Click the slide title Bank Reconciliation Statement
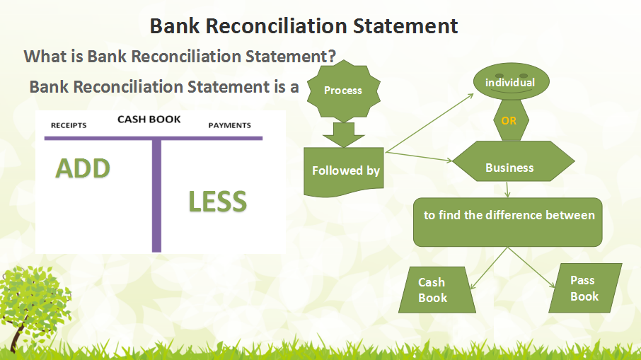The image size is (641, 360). click(x=304, y=26)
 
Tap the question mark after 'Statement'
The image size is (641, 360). click(x=330, y=56)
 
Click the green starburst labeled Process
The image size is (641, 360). click(x=342, y=90)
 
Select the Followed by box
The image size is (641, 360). click(x=345, y=171)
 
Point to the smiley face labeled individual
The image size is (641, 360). click(x=509, y=83)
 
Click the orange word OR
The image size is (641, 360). click(x=509, y=121)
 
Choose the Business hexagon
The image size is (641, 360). click(x=509, y=168)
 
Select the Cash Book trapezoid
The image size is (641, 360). click(x=433, y=290)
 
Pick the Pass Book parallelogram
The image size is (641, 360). click(x=584, y=289)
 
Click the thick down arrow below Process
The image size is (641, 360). click(x=343, y=134)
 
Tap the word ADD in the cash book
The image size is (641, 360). click(x=83, y=169)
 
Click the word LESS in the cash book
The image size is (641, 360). click(x=217, y=202)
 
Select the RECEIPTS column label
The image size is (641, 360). click(x=69, y=125)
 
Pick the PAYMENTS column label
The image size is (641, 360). click(x=229, y=125)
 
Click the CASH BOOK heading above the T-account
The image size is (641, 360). click(x=149, y=120)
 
